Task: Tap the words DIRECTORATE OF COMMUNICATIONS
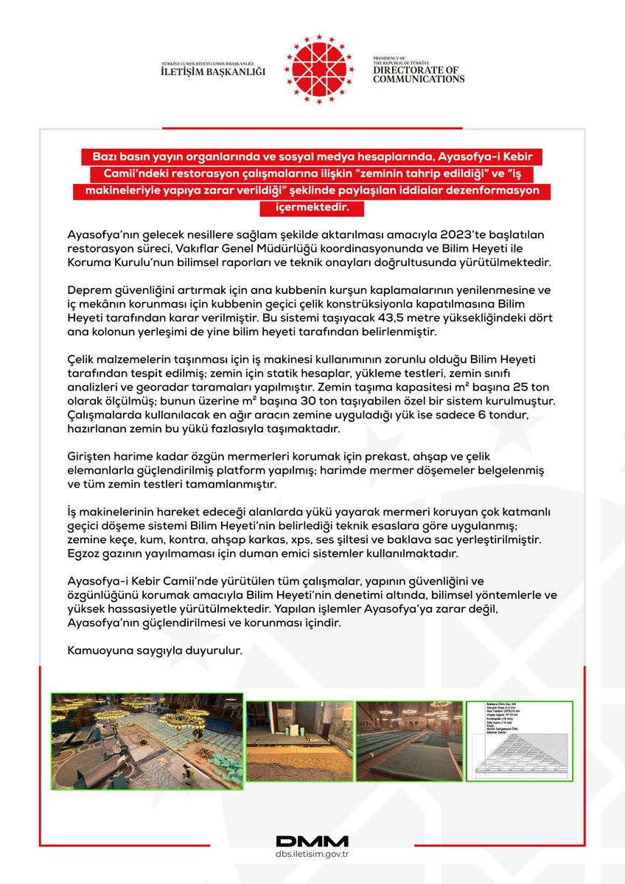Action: click(418, 74)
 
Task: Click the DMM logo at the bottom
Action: click(312, 841)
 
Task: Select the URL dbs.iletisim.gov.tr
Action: click(312, 855)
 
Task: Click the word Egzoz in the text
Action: click(84, 553)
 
